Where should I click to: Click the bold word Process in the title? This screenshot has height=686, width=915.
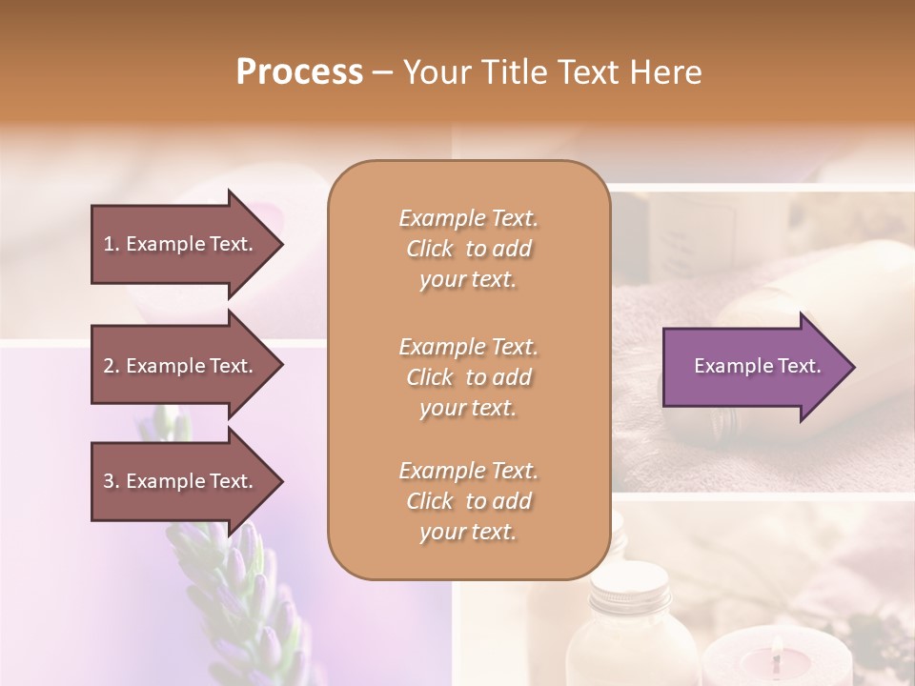point(299,72)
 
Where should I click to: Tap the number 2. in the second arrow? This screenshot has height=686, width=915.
point(112,366)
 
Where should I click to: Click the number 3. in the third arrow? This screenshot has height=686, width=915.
point(112,481)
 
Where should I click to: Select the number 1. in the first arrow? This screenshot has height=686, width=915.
point(112,244)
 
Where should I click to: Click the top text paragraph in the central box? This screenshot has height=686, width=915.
point(468,249)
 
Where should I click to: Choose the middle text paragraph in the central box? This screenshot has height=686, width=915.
point(468,376)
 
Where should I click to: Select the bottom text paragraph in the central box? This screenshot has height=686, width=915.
point(468,501)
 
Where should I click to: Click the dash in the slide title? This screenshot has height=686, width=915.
point(383,72)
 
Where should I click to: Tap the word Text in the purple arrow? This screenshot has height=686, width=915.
point(800,366)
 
